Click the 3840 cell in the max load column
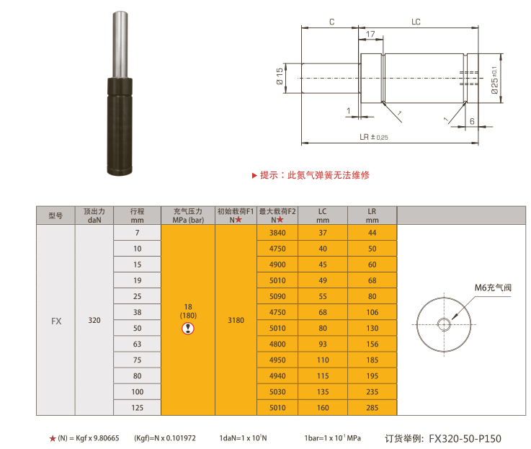[x=277, y=233]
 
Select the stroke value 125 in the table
[x=137, y=408]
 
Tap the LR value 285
[x=372, y=408]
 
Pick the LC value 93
[x=323, y=344]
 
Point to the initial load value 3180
[x=236, y=320]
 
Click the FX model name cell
[x=56, y=321]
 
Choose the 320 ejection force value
[x=94, y=320]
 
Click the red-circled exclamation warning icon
[x=188, y=329]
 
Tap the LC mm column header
[x=323, y=215]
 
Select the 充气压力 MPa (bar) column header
[x=188, y=215]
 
